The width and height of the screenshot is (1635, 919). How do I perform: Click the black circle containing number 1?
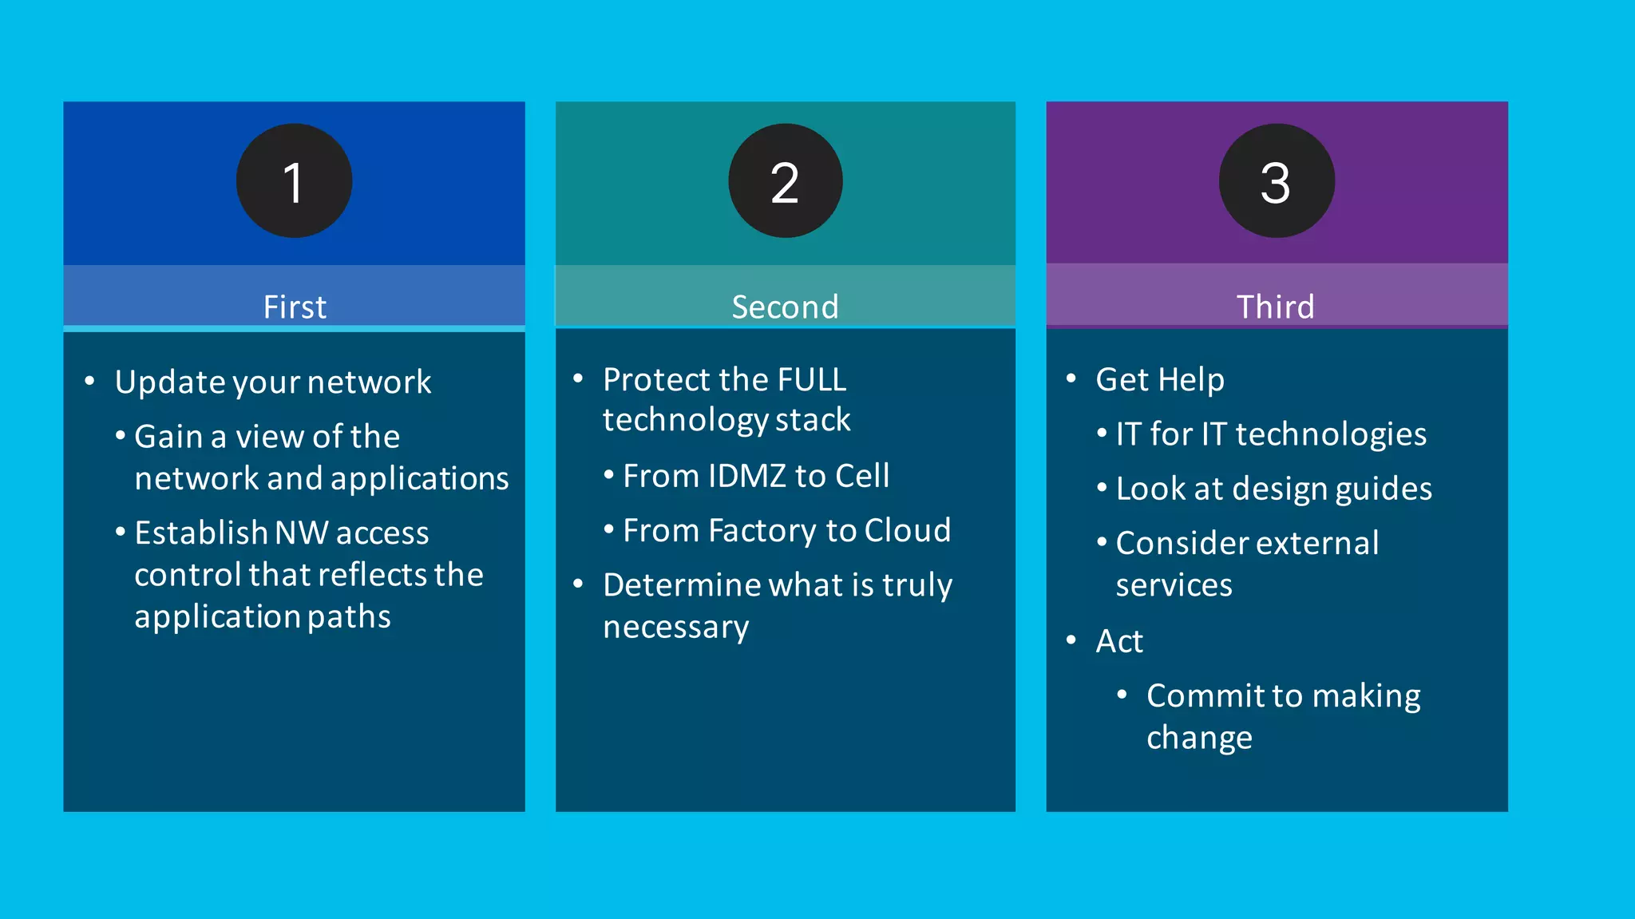tap(294, 181)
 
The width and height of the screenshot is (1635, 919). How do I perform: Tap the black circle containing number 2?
tap(785, 181)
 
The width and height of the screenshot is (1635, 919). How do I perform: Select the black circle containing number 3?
tap(1276, 181)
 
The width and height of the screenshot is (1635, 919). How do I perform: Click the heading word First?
tap(295, 307)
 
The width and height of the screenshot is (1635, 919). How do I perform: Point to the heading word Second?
tap(785, 307)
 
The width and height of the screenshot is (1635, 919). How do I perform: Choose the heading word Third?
tap(1275, 307)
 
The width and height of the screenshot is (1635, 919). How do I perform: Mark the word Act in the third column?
tap(1119, 641)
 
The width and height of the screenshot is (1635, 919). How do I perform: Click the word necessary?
tap(675, 628)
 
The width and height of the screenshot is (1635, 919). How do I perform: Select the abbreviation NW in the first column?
tap(301, 533)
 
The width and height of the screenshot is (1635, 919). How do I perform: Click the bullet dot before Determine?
tap(578, 584)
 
